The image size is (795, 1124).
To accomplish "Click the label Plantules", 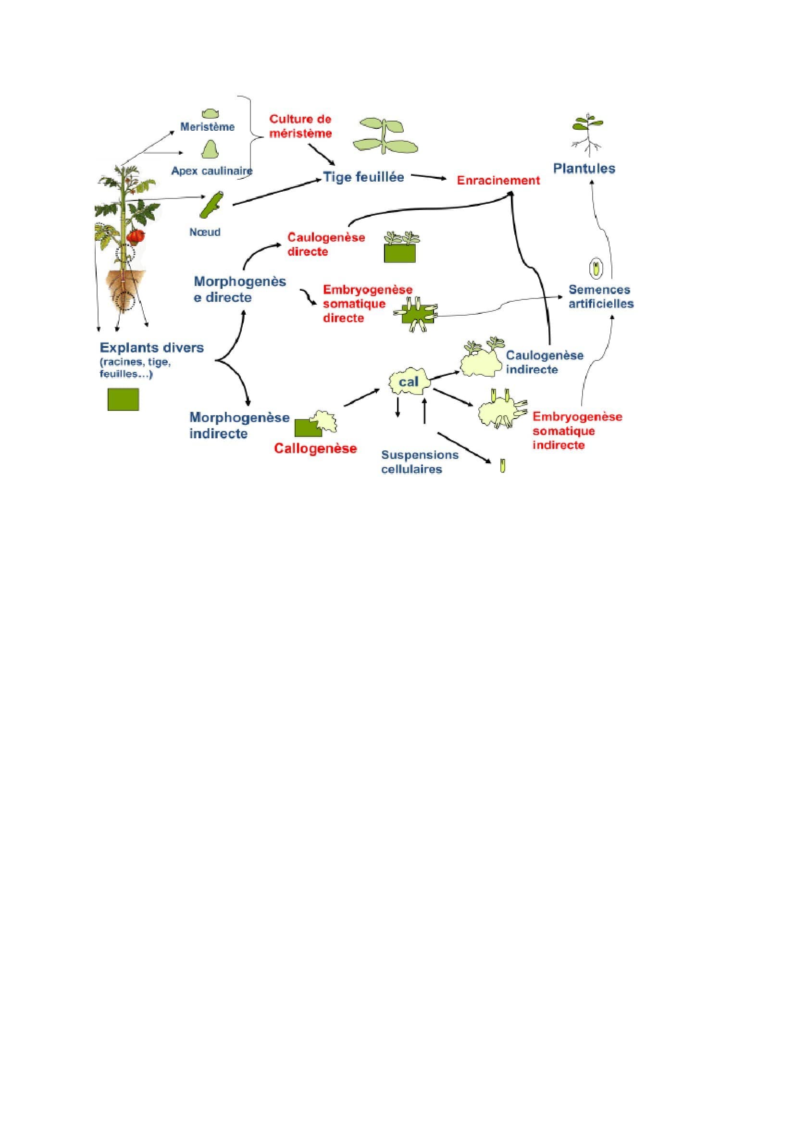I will click(x=584, y=168).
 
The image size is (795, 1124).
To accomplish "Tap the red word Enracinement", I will click(x=498, y=180).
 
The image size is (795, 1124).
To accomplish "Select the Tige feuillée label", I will click(x=363, y=177).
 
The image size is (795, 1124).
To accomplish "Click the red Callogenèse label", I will click(x=315, y=448).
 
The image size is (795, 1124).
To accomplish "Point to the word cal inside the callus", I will click(x=409, y=382).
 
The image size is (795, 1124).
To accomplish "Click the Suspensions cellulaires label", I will click(x=420, y=462).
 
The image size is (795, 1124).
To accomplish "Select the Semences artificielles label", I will click(x=601, y=296).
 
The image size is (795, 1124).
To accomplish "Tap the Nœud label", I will click(x=205, y=232).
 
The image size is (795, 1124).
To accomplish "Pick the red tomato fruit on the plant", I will click(x=136, y=236).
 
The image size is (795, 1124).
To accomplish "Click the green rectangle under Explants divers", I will click(x=123, y=399).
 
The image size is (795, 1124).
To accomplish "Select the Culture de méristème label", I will click(x=300, y=126).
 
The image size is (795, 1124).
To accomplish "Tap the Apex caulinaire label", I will click(x=211, y=171).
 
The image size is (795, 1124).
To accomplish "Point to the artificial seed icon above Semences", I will click(x=595, y=268).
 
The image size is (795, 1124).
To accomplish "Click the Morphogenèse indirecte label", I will click(x=239, y=425).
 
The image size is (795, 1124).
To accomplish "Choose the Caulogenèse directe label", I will click(x=325, y=244).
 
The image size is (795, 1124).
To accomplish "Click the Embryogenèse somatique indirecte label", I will click(x=577, y=431).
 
